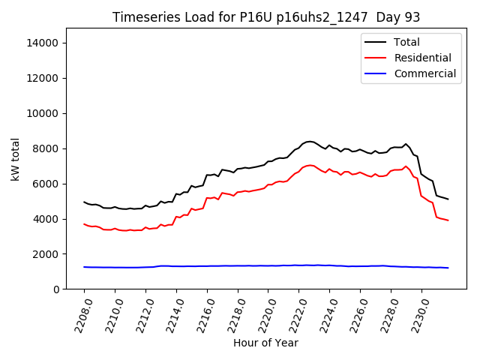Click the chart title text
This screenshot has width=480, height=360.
coord(266,17)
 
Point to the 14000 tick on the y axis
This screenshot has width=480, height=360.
coord(43,43)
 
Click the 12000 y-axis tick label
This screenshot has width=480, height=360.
coord(43,78)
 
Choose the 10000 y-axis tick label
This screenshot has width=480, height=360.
coord(43,113)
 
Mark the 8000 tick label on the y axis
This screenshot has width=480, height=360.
coord(46,148)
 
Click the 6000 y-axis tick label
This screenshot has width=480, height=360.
coord(46,184)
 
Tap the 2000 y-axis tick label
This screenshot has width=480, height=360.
coord(46,254)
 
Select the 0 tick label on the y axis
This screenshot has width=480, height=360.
coord(56,289)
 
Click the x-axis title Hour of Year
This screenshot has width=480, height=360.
coord(265,343)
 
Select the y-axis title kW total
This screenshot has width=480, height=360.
coord(16,159)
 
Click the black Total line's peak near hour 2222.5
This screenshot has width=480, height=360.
coord(309,141)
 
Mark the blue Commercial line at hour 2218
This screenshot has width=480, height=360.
coord(238,265)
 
